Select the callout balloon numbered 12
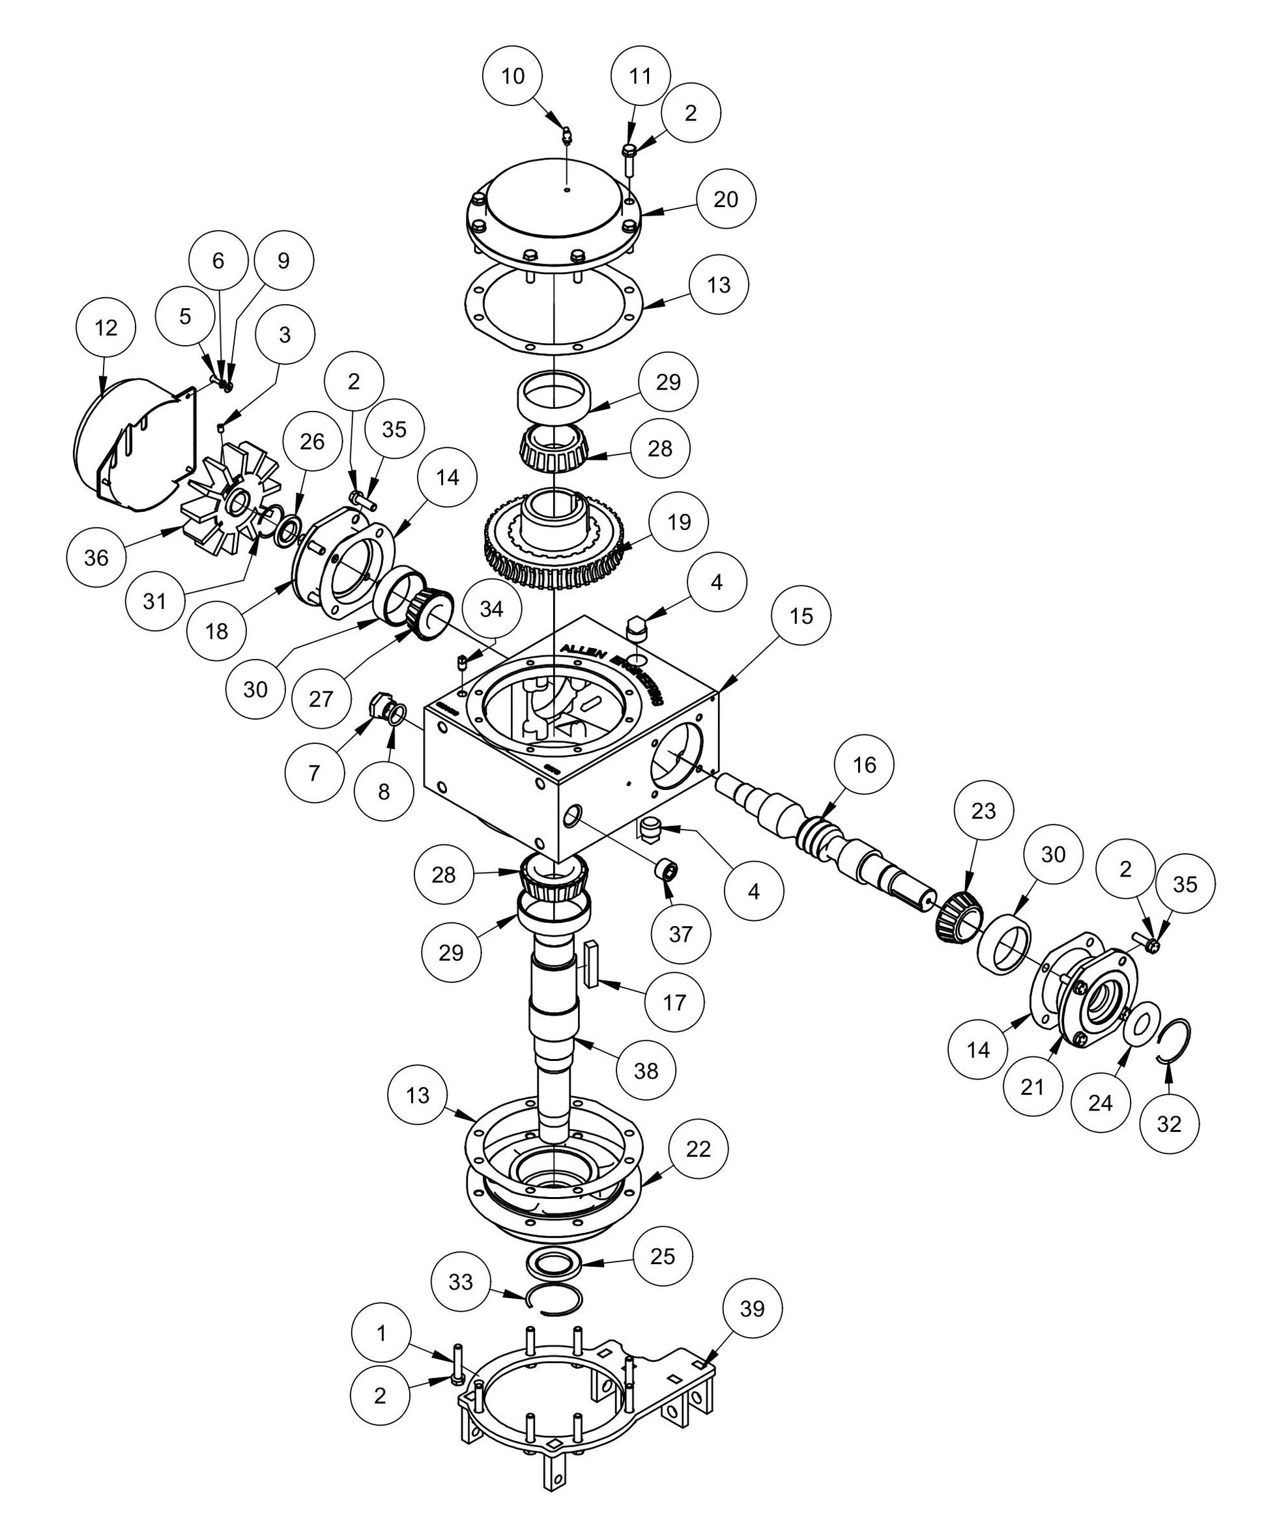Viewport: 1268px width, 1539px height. pyautogui.click(x=106, y=327)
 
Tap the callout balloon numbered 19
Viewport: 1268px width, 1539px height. pyautogui.click(x=679, y=521)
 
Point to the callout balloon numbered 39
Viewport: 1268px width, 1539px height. pyautogui.click(x=751, y=1308)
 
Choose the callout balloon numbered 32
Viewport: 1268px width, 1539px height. pyautogui.click(x=1170, y=1123)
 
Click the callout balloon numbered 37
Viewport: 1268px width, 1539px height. pyautogui.click(x=680, y=934)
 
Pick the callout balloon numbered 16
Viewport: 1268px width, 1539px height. pyautogui.click(x=864, y=765)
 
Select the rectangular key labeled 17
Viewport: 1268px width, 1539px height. pyautogui.click(x=591, y=964)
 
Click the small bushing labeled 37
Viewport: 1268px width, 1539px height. pyautogui.click(x=665, y=871)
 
